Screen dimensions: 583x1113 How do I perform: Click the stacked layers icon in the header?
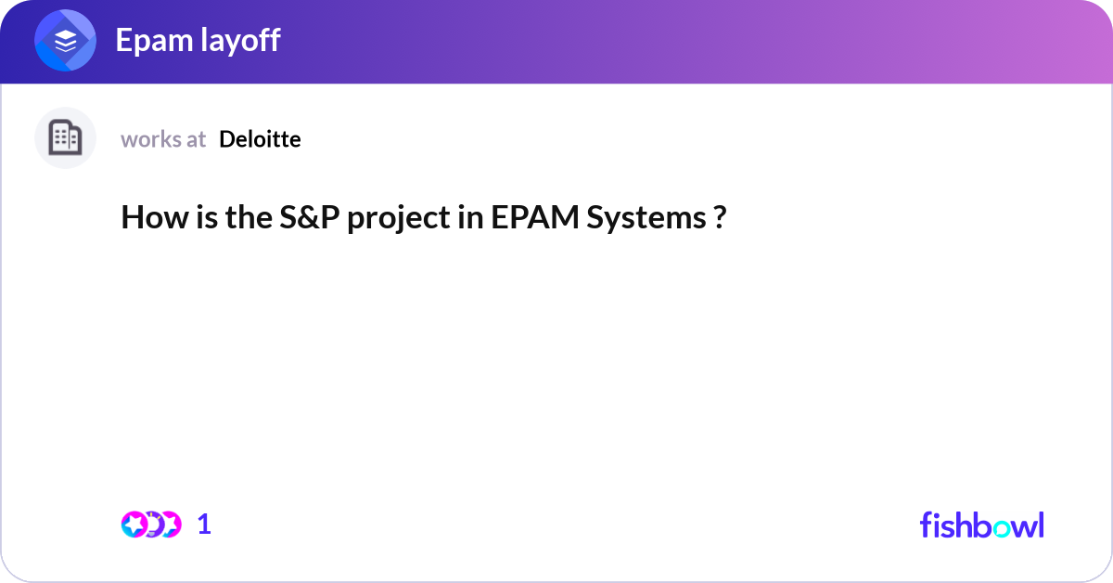tap(65, 41)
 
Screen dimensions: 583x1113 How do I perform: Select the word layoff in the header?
tap(237, 41)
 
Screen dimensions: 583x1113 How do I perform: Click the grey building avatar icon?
tap(65, 138)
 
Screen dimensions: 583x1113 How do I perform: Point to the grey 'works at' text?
tap(163, 139)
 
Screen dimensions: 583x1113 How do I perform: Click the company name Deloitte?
tap(260, 139)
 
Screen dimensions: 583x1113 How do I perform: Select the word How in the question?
tap(148, 218)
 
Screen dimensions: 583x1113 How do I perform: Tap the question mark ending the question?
tap(720, 218)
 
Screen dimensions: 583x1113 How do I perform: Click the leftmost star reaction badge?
tap(134, 525)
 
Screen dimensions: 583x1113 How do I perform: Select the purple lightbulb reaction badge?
tap(152, 525)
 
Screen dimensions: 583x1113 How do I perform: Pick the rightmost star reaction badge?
tap(170, 525)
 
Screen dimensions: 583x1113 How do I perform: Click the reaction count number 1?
tap(204, 525)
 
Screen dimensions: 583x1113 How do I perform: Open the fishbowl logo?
tap(981, 525)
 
